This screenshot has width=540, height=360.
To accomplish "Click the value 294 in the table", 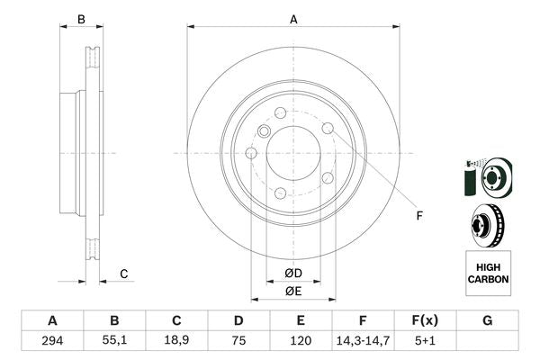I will pyautogui.click(x=52, y=341).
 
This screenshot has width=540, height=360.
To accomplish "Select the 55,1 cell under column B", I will pyautogui.click(x=114, y=341).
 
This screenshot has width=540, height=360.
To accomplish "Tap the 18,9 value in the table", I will pyautogui.click(x=177, y=341).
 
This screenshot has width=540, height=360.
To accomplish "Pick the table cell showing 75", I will pyautogui.click(x=238, y=341).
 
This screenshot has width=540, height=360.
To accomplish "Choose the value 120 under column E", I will pyautogui.click(x=301, y=341).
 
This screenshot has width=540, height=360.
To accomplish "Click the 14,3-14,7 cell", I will pyautogui.click(x=364, y=341).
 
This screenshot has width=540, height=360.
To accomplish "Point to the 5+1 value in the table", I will pyautogui.click(x=426, y=341).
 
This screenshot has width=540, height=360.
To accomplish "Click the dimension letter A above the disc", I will pyautogui.click(x=293, y=18).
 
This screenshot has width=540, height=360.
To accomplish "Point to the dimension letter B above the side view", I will pyautogui.click(x=80, y=19).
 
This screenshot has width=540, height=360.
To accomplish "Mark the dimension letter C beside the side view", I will pyautogui.click(x=125, y=274).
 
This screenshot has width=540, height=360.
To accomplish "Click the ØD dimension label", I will pyautogui.click(x=293, y=273).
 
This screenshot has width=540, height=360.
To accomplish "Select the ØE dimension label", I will pyautogui.click(x=293, y=291).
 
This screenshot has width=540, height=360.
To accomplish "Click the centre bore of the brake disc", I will pyautogui.click(x=292, y=153).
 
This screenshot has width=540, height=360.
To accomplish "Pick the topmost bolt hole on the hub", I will pyautogui.click(x=280, y=113).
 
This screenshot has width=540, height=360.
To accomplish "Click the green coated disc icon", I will pyautogui.click(x=486, y=177).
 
